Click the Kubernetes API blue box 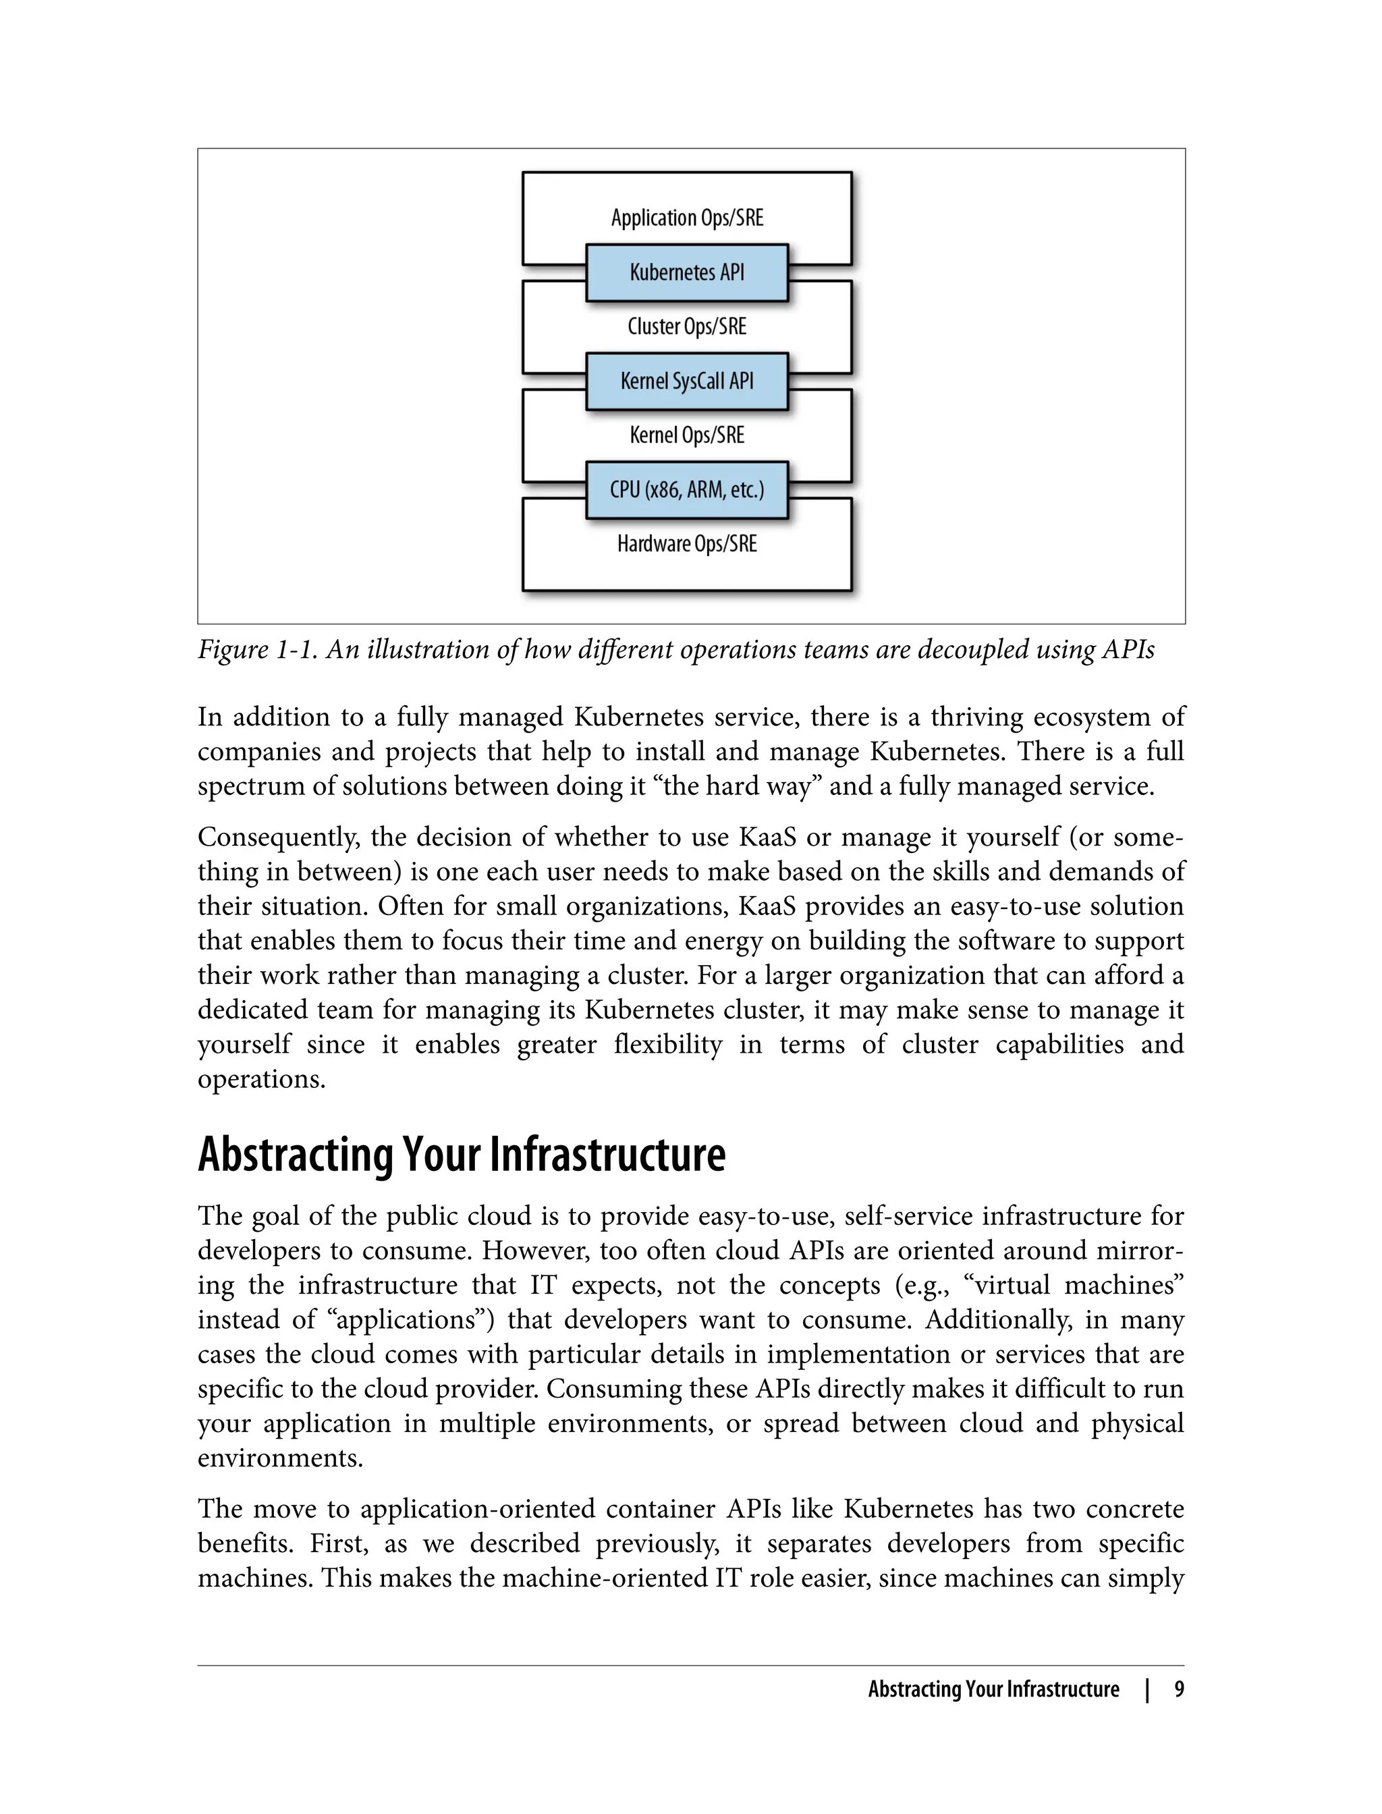coord(687,273)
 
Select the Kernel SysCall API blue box coord(687,381)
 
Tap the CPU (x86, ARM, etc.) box coord(687,489)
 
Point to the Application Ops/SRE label coord(687,218)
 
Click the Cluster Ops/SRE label coord(687,327)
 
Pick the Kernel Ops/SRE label coord(687,435)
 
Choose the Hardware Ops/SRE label coord(687,544)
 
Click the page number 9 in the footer coord(1179,1689)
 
